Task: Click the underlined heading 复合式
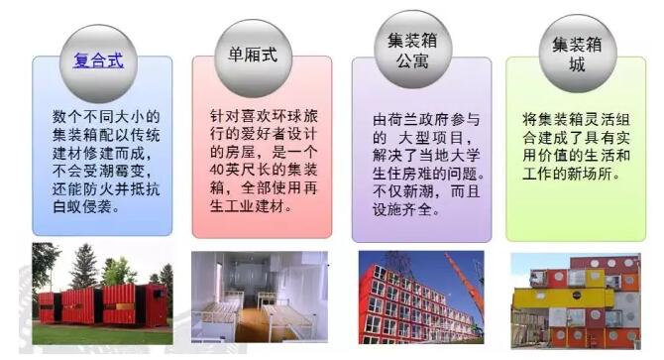click(x=99, y=60)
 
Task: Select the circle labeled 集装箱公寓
click(x=413, y=50)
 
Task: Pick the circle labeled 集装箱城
click(x=578, y=54)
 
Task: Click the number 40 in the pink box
click(x=217, y=170)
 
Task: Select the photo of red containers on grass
click(x=102, y=294)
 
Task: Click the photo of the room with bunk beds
click(x=260, y=297)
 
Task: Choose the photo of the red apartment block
click(x=421, y=298)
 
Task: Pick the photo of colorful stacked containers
click(x=576, y=301)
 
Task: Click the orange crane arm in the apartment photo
click(x=464, y=282)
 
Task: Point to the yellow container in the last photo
click(x=563, y=298)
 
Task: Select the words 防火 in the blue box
click(x=98, y=188)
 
